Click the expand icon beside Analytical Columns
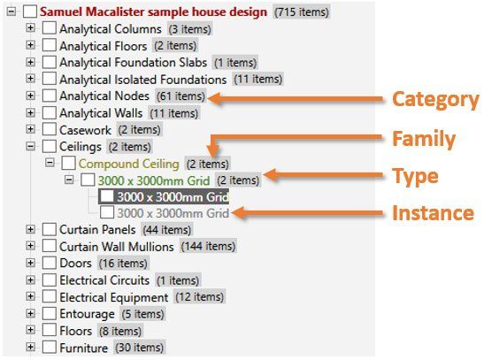click(x=30, y=28)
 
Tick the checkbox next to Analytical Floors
click(x=49, y=45)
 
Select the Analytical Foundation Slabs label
click(x=133, y=63)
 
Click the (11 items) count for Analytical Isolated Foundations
click(x=257, y=79)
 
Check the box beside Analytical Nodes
click(x=49, y=96)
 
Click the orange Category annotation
click(x=435, y=100)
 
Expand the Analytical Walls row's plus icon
click(x=30, y=112)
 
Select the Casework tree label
click(x=85, y=130)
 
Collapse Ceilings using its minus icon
click(x=30, y=146)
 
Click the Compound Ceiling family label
click(x=128, y=164)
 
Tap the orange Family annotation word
click(x=424, y=139)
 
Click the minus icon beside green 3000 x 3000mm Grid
click(x=69, y=180)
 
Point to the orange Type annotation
click(x=415, y=176)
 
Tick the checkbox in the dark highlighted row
click(x=107, y=196)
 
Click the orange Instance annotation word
click(x=433, y=213)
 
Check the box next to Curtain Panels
click(x=49, y=229)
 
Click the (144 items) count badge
click(x=208, y=247)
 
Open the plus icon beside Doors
click(x=30, y=263)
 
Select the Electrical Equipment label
click(x=114, y=297)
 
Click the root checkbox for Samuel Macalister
click(x=30, y=11)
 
